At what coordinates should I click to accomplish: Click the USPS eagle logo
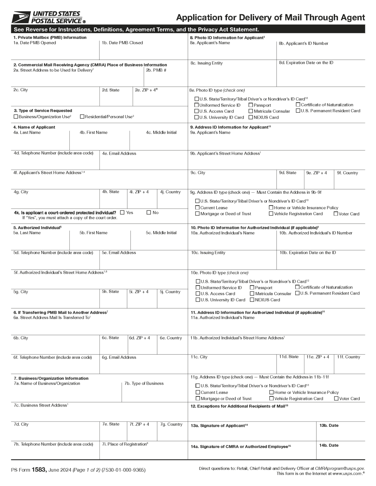pyautogui.click(x=21, y=17)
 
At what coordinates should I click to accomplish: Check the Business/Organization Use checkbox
pyautogui.click(x=16, y=117)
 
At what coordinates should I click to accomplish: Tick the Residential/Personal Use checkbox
pyautogui.click(x=82, y=117)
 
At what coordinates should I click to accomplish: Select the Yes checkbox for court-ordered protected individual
pyautogui.click(x=122, y=213)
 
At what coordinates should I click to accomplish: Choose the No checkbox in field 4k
pyautogui.click(x=149, y=213)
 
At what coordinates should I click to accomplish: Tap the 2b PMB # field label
pyautogui.click(x=156, y=70)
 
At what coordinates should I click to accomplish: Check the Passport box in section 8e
pyautogui.click(x=251, y=105)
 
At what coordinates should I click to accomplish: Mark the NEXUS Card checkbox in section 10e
pyautogui.click(x=252, y=300)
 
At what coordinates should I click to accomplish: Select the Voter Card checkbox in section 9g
pyautogui.click(x=336, y=214)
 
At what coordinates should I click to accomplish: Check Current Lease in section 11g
pyautogui.click(x=198, y=392)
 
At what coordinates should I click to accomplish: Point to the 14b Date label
pyautogui.click(x=329, y=445)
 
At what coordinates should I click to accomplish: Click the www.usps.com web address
pyautogui.click(x=347, y=474)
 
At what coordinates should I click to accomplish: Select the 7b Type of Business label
pyautogui.click(x=144, y=383)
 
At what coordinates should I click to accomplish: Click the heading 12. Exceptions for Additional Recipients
pyautogui.click(x=239, y=406)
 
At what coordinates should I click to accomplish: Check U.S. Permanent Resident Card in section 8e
pyautogui.click(x=298, y=111)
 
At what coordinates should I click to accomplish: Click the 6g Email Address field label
pyautogui.click(x=119, y=358)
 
